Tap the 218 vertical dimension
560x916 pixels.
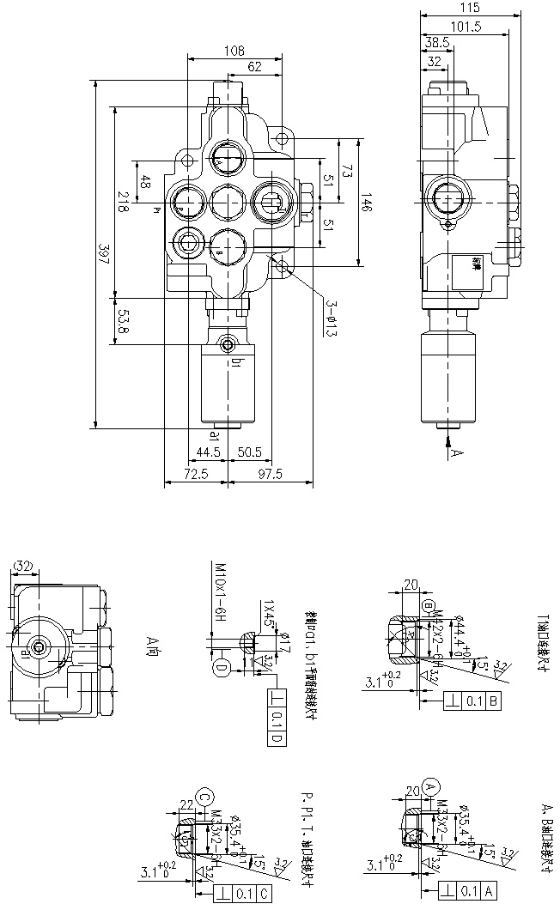(123, 202)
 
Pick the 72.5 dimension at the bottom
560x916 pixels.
(196, 475)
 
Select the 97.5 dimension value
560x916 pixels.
(270, 475)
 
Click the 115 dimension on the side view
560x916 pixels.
(470, 8)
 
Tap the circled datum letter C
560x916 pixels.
(204, 796)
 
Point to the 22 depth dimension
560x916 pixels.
(186, 804)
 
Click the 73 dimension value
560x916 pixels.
(347, 170)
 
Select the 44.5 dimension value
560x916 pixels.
(209, 451)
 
